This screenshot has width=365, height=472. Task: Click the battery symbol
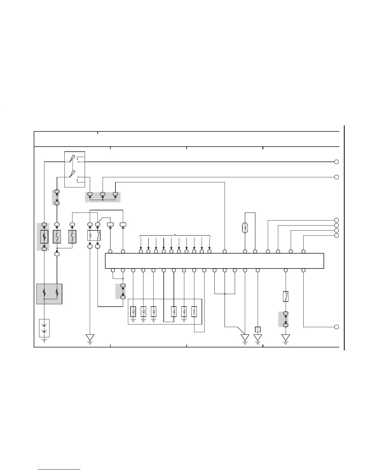[44, 328]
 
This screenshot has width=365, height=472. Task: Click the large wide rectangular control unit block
[214, 261]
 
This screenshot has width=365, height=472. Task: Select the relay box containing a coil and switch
[94, 235]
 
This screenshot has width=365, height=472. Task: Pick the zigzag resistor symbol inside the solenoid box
[194, 312]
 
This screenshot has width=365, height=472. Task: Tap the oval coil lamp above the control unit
[245, 228]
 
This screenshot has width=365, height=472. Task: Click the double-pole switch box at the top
[75, 169]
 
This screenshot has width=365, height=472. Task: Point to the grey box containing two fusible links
[49, 294]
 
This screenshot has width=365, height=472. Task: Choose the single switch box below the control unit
[285, 296]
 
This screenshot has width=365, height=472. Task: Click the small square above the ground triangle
[258, 329]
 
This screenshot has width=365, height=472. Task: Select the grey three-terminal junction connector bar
[103, 197]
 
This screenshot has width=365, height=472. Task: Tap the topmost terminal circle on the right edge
[336, 162]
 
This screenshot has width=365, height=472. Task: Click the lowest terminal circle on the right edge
[336, 327]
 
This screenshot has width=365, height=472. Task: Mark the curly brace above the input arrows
[175, 236]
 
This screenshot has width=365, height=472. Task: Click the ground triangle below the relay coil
[90, 338]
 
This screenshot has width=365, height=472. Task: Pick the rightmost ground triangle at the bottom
[285, 338]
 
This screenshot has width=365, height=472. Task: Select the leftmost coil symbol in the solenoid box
[133, 312]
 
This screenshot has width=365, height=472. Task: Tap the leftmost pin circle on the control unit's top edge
[110, 251]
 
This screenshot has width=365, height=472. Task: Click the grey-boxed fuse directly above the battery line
[44, 237]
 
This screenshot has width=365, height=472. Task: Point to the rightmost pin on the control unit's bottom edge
[303, 270]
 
